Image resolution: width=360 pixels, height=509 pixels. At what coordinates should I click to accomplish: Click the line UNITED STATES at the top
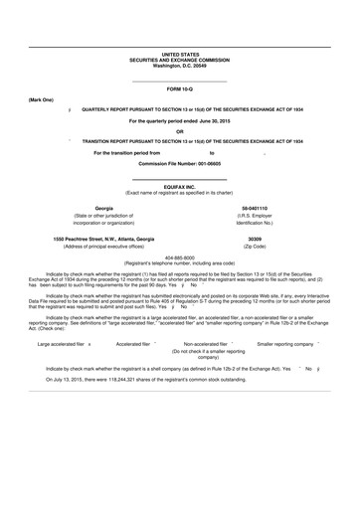[x=180, y=56]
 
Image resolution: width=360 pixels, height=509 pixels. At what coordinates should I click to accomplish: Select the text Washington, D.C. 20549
[x=180, y=66]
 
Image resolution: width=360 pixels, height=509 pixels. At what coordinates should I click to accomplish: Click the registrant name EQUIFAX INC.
[x=180, y=185]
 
